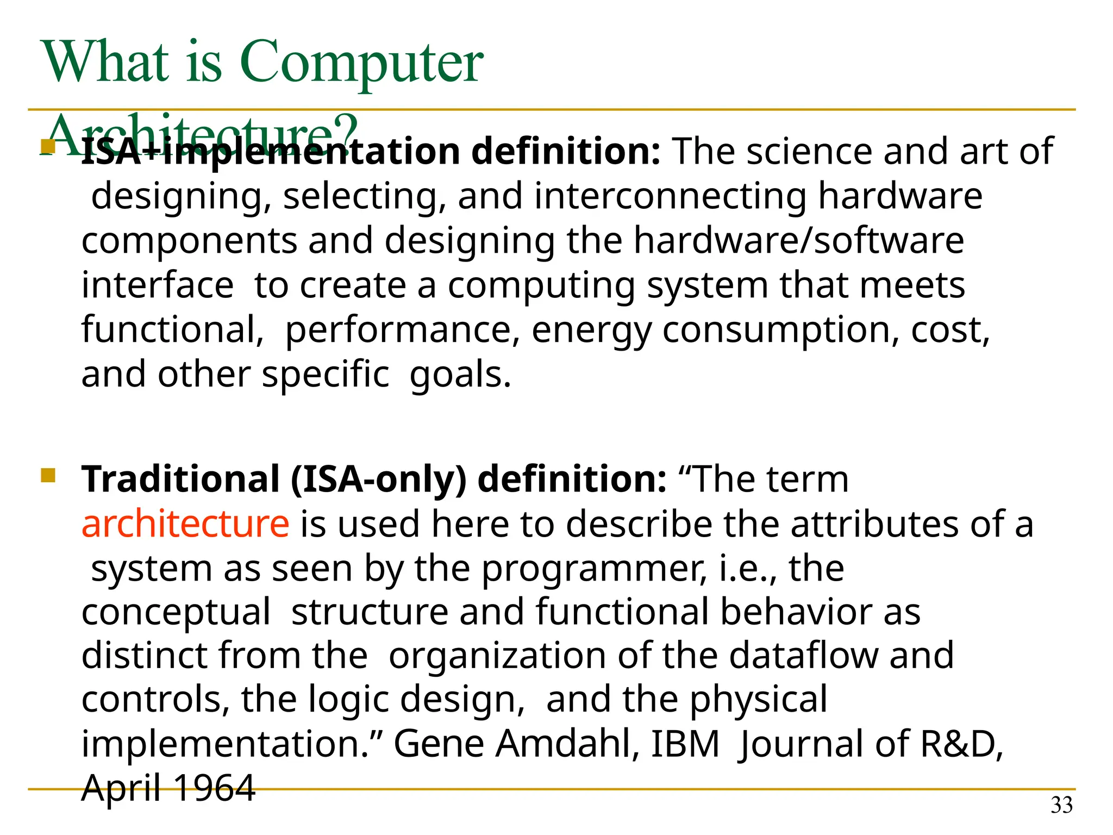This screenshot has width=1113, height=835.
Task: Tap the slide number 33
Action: [1061, 805]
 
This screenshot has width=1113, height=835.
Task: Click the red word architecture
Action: [185, 524]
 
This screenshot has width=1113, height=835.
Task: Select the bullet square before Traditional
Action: [48, 476]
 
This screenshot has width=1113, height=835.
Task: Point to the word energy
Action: [591, 331]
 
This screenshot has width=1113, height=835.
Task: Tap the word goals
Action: [460, 376]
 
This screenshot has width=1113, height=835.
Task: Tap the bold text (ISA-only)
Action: [379, 479]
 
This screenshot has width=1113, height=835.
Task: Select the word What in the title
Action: [106, 63]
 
